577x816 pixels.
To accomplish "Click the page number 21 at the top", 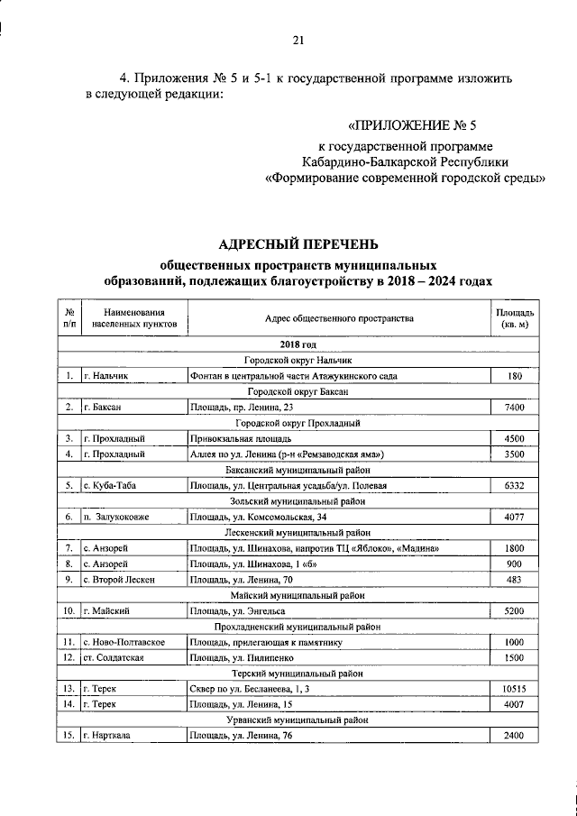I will click(298, 39).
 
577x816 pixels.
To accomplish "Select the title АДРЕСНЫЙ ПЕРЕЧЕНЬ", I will click(298, 243).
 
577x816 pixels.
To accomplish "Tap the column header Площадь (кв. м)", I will click(515, 317).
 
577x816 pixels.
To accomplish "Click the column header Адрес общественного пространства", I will click(339, 318).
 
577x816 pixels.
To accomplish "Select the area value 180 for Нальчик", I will click(515, 374).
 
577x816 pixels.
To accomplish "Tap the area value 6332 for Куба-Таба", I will click(515, 485).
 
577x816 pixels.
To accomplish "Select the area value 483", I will click(515, 579).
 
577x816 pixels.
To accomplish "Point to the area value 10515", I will click(515, 689).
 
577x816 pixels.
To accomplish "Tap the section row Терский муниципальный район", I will click(298, 674).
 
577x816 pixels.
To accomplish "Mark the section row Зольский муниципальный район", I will click(298, 501).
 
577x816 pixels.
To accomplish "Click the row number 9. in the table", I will click(69, 579).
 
